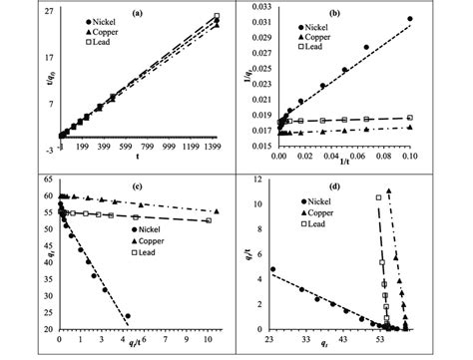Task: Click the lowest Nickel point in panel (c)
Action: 127,316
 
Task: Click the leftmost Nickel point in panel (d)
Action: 272,269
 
